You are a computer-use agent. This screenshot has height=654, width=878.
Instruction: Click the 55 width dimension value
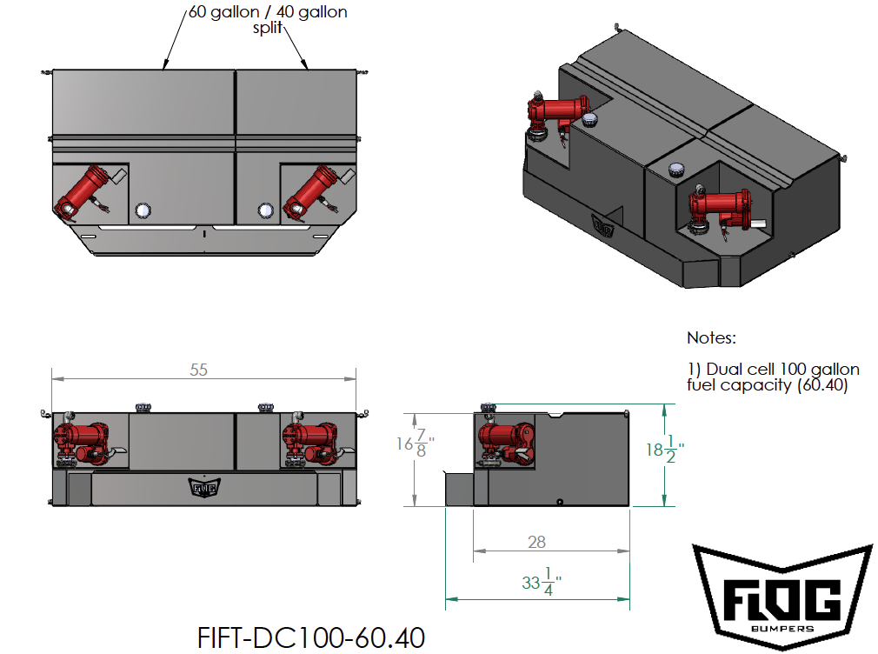(x=199, y=370)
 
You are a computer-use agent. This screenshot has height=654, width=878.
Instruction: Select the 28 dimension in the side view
(x=536, y=542)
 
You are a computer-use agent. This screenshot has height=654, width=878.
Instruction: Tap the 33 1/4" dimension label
(x=537, y=581)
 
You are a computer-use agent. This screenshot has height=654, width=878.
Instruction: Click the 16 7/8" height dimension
(x=416, y=444)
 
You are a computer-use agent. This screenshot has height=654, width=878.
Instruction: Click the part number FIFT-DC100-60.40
(x=312, y=637)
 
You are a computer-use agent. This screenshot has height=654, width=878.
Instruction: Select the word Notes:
(x=711, y=337)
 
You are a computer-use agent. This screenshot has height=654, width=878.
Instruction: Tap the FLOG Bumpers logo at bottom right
(x=782, y=595)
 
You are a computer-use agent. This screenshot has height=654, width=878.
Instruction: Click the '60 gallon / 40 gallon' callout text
(x=268, y=13)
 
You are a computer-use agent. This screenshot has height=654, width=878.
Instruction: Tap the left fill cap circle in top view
(x=143, y=210)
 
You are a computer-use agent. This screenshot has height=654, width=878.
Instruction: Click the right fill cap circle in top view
(x=265, y=210)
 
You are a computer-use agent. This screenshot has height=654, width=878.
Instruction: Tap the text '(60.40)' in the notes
(x=821, y=384)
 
